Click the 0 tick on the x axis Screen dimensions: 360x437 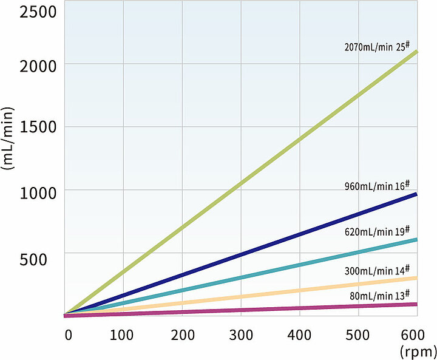pyautogui.click(x=69, y=335)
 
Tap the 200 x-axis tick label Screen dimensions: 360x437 pyautogui.click(x=183, y=335)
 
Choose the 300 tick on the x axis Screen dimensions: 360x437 pyautogui.click(x=241, y=335)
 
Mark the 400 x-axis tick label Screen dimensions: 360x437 pyautogui.click(x=299, y=335)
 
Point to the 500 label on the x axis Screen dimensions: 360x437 pyautogui.click(x=358, y=335)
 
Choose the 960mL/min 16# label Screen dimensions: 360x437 pyautogui.click(x=378, y=186)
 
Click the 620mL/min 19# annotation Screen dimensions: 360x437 pyautogui.click(x=378, y=231)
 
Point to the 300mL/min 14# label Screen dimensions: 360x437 pyautogui.click(x=378, y=270)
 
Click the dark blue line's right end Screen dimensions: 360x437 pyautogui.click(x=416, y=194)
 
